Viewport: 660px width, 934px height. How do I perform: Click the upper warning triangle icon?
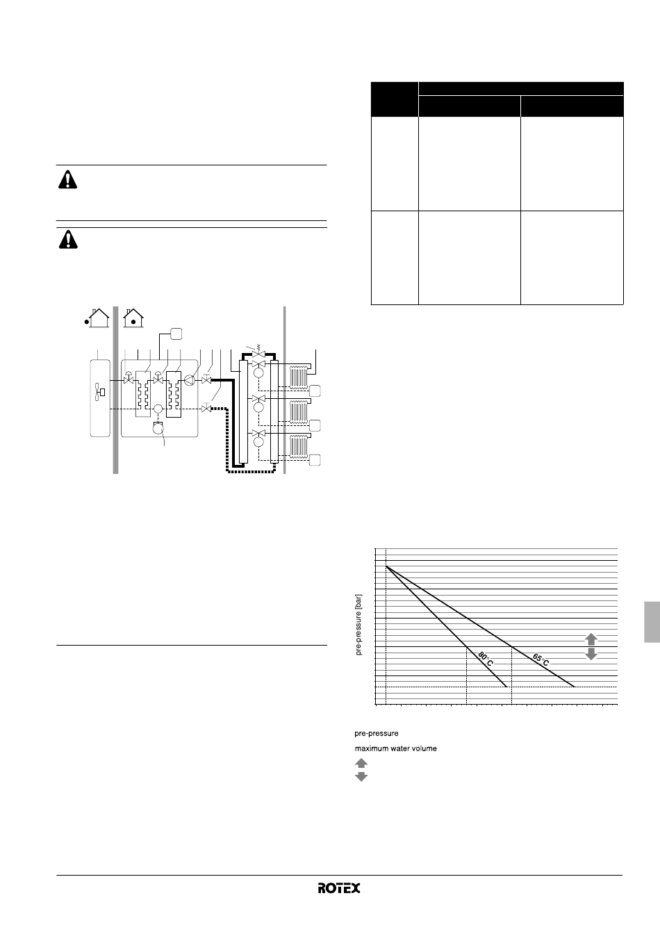(x=67, y=180)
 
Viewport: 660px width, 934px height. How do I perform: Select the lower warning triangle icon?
(x=68, y=240)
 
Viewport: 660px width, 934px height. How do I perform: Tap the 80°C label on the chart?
(x=486, y=659)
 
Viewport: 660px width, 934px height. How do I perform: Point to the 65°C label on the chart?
(x=541, y=659)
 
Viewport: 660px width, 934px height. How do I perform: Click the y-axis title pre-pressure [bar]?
(x=358, y=625)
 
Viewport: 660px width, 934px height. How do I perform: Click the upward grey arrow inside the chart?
(x=591, y=639)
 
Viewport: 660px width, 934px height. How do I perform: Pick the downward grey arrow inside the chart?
(x=591, y=654)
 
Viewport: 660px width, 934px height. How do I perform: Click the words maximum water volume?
(x=396, y=748)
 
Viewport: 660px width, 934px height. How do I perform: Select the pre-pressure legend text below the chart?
(x=377, y=733)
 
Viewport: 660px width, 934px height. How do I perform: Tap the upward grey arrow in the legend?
(x=361, y=763)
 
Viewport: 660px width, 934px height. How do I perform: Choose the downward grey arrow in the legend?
(x=361, y=776)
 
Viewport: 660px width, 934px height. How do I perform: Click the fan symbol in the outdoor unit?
(x=99, y=392)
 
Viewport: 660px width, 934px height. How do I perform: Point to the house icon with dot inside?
(x=133, y=318)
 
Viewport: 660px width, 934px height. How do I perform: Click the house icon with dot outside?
(x=97, y=318)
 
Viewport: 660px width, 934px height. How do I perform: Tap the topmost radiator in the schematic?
(x=299, y=377)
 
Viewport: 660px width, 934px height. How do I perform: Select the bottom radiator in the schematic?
(x=299, y=447)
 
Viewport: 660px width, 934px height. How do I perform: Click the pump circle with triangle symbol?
(x=189, y=380)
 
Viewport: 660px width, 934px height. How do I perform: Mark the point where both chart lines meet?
(x=386, y=566)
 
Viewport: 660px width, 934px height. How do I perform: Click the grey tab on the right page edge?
(x=652, y=622)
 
